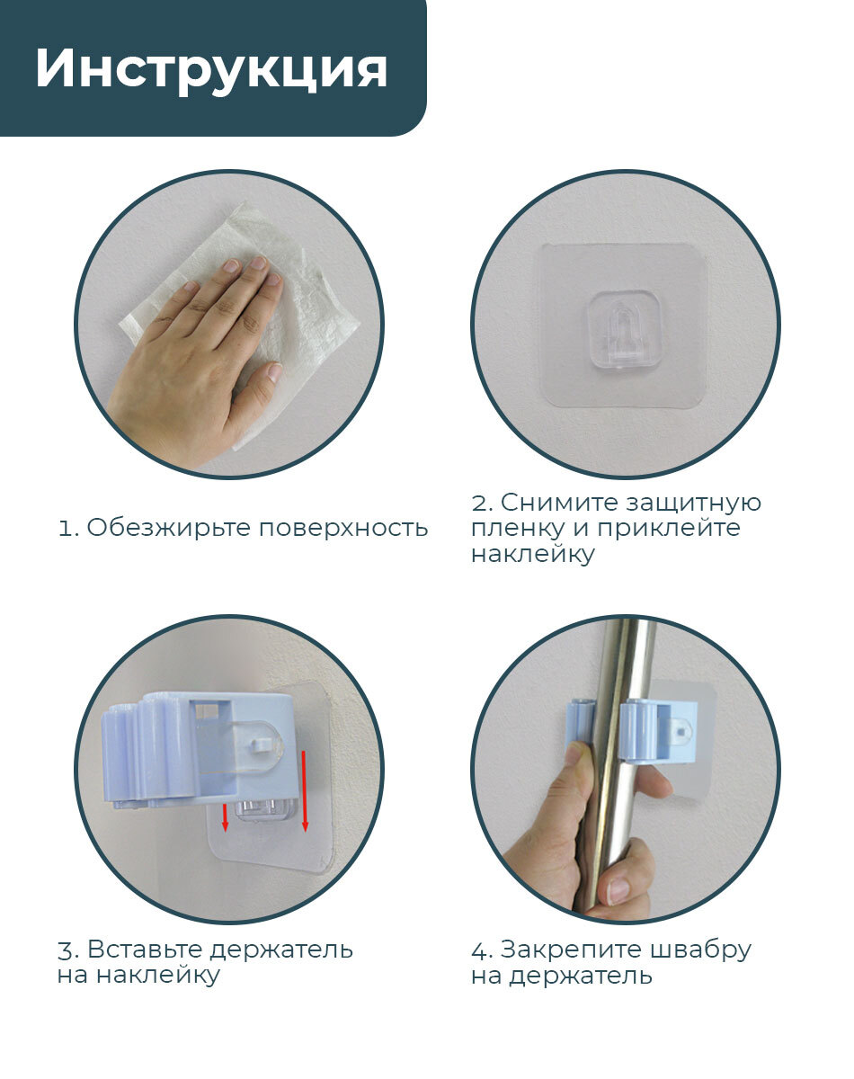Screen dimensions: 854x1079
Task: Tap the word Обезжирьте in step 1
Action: [x=168, y=528]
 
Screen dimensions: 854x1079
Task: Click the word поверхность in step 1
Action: [x=343, y=529]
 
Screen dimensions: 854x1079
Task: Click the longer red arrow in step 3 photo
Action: [x=305, y=790]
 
